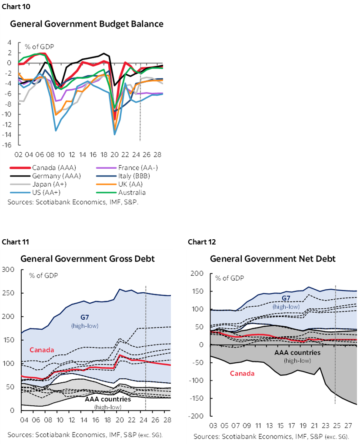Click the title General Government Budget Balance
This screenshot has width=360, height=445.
pos(87,24)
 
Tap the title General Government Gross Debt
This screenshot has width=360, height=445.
pos(87,259)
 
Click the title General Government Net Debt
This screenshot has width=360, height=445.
pos(273,259)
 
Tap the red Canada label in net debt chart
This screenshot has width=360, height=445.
pos(242,373)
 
